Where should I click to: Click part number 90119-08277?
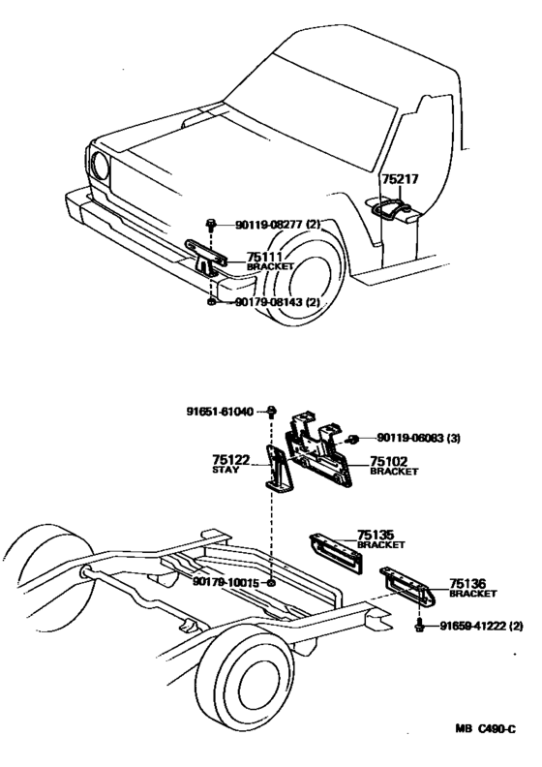click(x=265, y=226)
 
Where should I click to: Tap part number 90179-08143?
click(x=265, y=302)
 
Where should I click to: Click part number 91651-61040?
click(x=220, y=412)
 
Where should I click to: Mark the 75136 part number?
click(x=468, y=585)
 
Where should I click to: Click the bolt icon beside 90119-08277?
click(x=212, y=226)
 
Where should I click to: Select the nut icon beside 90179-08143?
click(x=212, y=302)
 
